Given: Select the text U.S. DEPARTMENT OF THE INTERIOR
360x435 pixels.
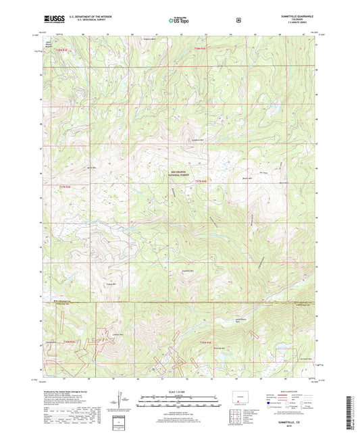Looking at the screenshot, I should [x=83, y=15].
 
